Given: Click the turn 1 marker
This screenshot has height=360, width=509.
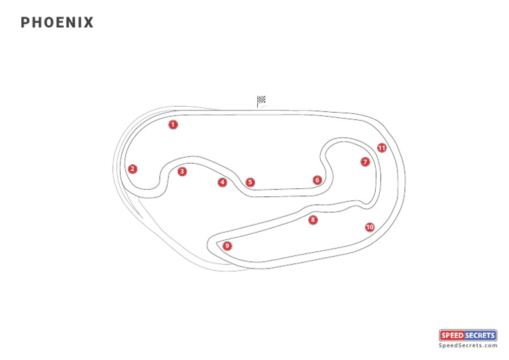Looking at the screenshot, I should [x=173, y=124].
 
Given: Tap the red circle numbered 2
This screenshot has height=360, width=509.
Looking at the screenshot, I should [x=133, y=168].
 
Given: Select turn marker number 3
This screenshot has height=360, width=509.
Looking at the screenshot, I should [x=182, y=171].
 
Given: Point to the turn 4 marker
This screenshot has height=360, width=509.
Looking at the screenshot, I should [x=223, y=182].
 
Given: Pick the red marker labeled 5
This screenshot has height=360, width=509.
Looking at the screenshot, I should [x=250, y=182].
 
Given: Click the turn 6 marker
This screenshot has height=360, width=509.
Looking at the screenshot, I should [x=317, y=180].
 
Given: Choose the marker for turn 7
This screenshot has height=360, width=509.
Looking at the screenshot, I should [x=365, y=162].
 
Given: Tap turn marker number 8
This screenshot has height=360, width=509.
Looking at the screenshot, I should [x=313, y=219].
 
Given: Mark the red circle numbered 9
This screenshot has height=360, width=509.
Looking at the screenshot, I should [x=227, y=245].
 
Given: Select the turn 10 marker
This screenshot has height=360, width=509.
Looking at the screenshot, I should [x=370, y=227].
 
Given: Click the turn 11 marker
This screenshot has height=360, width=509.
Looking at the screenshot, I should [x=382, y=148].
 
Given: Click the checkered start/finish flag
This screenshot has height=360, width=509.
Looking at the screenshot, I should [x=261, y=101].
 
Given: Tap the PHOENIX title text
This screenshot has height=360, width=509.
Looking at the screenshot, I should [x=57, y=23].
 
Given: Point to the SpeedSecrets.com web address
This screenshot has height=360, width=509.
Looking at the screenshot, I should [x=468, y=345].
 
